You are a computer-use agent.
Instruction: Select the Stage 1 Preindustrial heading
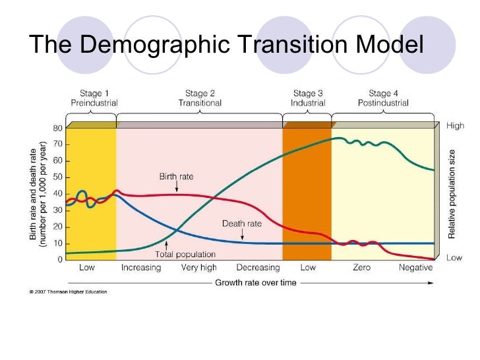pos(94,98)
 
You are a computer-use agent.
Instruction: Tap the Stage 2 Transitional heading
pos(200,98)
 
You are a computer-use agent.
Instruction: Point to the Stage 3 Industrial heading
pos(308,98)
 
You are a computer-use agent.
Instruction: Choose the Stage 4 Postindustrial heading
pos(382,98)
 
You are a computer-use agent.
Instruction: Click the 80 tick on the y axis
pos(58,128)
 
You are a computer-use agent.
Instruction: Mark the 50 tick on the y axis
pos(58,177)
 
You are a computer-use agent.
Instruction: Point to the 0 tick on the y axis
pos(60,259)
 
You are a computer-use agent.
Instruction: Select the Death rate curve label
pos(242,224)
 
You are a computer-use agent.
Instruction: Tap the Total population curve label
pos(185,254)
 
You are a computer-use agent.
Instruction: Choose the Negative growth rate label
pos(416,268)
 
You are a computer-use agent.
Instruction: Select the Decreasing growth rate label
pos(258,268)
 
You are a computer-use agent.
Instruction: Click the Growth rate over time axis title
pos(256,283)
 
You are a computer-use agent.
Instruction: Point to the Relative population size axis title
pos(452,194)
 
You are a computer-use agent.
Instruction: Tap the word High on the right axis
pos(455,124)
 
